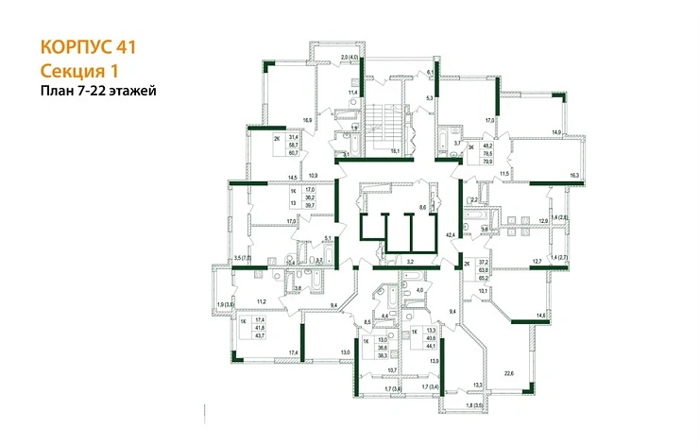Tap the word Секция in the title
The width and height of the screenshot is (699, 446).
(x=72, y=70)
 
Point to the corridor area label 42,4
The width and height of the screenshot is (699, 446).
(x=451, y=233)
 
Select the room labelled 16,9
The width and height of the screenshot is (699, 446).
(x=308, y=121)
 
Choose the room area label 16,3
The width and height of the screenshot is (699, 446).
(x=575, y=176)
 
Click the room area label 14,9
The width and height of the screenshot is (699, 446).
(x=557, y=132)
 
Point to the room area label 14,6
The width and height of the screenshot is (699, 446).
(x=541, y=316)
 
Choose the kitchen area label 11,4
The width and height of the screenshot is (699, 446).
(x=354, y=92)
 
